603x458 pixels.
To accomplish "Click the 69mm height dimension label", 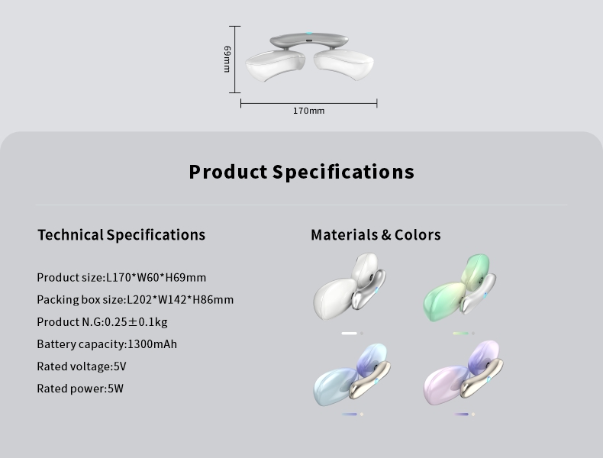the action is (x=227, y=59).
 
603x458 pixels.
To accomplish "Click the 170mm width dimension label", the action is (x=309, y=111).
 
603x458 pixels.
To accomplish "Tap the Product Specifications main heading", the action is (x=301, y=172).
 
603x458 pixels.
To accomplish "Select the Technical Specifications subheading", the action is (x=121, y=234).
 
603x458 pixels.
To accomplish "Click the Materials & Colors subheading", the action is (x=376, y=234).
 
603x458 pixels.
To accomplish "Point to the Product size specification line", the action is (x=121, y=277).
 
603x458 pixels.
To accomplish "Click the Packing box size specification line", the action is (x=135, y=299).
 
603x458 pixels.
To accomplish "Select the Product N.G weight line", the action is (x=102, y=322).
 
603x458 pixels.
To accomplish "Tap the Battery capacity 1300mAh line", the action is (x=107, y=344).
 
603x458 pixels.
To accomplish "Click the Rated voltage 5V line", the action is (x=82, y=366).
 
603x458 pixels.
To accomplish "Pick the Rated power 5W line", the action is (x=80, y=389).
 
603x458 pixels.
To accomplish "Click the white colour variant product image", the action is (x=349, y=286).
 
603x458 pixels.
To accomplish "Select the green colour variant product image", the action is (x=460, y=287).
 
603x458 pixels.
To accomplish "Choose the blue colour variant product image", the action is (x=352, y=375).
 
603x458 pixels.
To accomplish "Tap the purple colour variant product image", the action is (x=463, y=373).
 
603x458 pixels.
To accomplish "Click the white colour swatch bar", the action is (x=349, y=334).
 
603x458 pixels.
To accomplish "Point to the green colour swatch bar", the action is (x=461, y=334).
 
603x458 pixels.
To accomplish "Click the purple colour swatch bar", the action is (x=461, y=414).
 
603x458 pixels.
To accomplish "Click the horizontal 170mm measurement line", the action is (x=309, y=104).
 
